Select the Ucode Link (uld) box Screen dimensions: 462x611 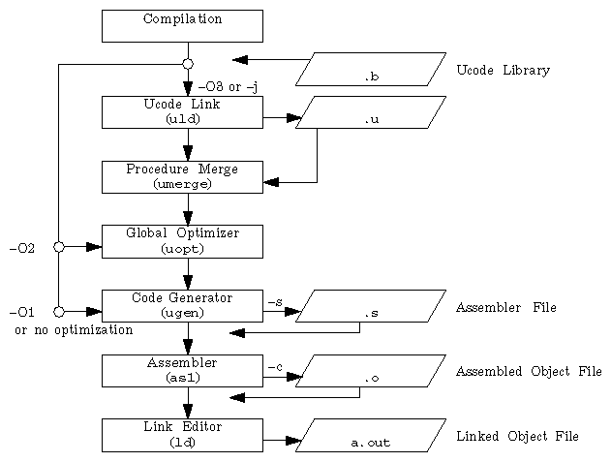pos(182,111)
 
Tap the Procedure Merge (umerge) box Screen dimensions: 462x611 pos(182,176)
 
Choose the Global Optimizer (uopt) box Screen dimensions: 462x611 pos(182,241)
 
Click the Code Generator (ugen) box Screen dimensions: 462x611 pos(182,306)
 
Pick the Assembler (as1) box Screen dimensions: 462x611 pos(182,370)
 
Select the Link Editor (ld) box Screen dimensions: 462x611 pos(182,435)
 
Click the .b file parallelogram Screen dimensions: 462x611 pos(371,69)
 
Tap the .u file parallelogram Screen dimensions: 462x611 pos(371,112)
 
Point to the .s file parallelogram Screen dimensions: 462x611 pos(371,306)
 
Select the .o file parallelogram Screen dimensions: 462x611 pos(371,371)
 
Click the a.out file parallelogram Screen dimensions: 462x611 pos(371,436)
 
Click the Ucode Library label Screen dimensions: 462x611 pos(503,71)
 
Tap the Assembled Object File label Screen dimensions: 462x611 pos(529,372)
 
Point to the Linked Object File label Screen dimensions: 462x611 pos(517,437)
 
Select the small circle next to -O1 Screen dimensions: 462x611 pos(59,312)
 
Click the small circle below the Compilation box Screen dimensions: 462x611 pos(188,64)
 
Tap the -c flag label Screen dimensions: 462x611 pos(275,367)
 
